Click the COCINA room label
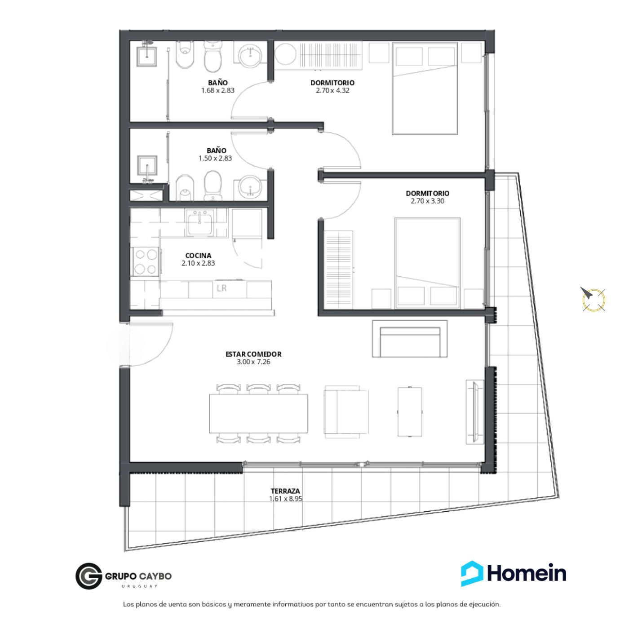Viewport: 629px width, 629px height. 198,255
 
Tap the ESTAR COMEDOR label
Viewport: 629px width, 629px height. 253,354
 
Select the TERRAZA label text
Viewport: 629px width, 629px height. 285,491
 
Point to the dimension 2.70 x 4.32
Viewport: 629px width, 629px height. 332,90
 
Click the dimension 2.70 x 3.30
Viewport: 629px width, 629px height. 427,201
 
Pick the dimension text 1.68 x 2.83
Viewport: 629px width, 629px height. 218,90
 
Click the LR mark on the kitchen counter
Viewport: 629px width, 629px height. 221,288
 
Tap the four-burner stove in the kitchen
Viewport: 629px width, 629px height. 146,261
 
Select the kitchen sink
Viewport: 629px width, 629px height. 199,222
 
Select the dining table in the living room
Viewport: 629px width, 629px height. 258,413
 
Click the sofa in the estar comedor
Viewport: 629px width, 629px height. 410,338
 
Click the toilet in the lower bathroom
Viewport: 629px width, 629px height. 213,186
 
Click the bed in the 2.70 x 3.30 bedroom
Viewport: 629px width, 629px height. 427,263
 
